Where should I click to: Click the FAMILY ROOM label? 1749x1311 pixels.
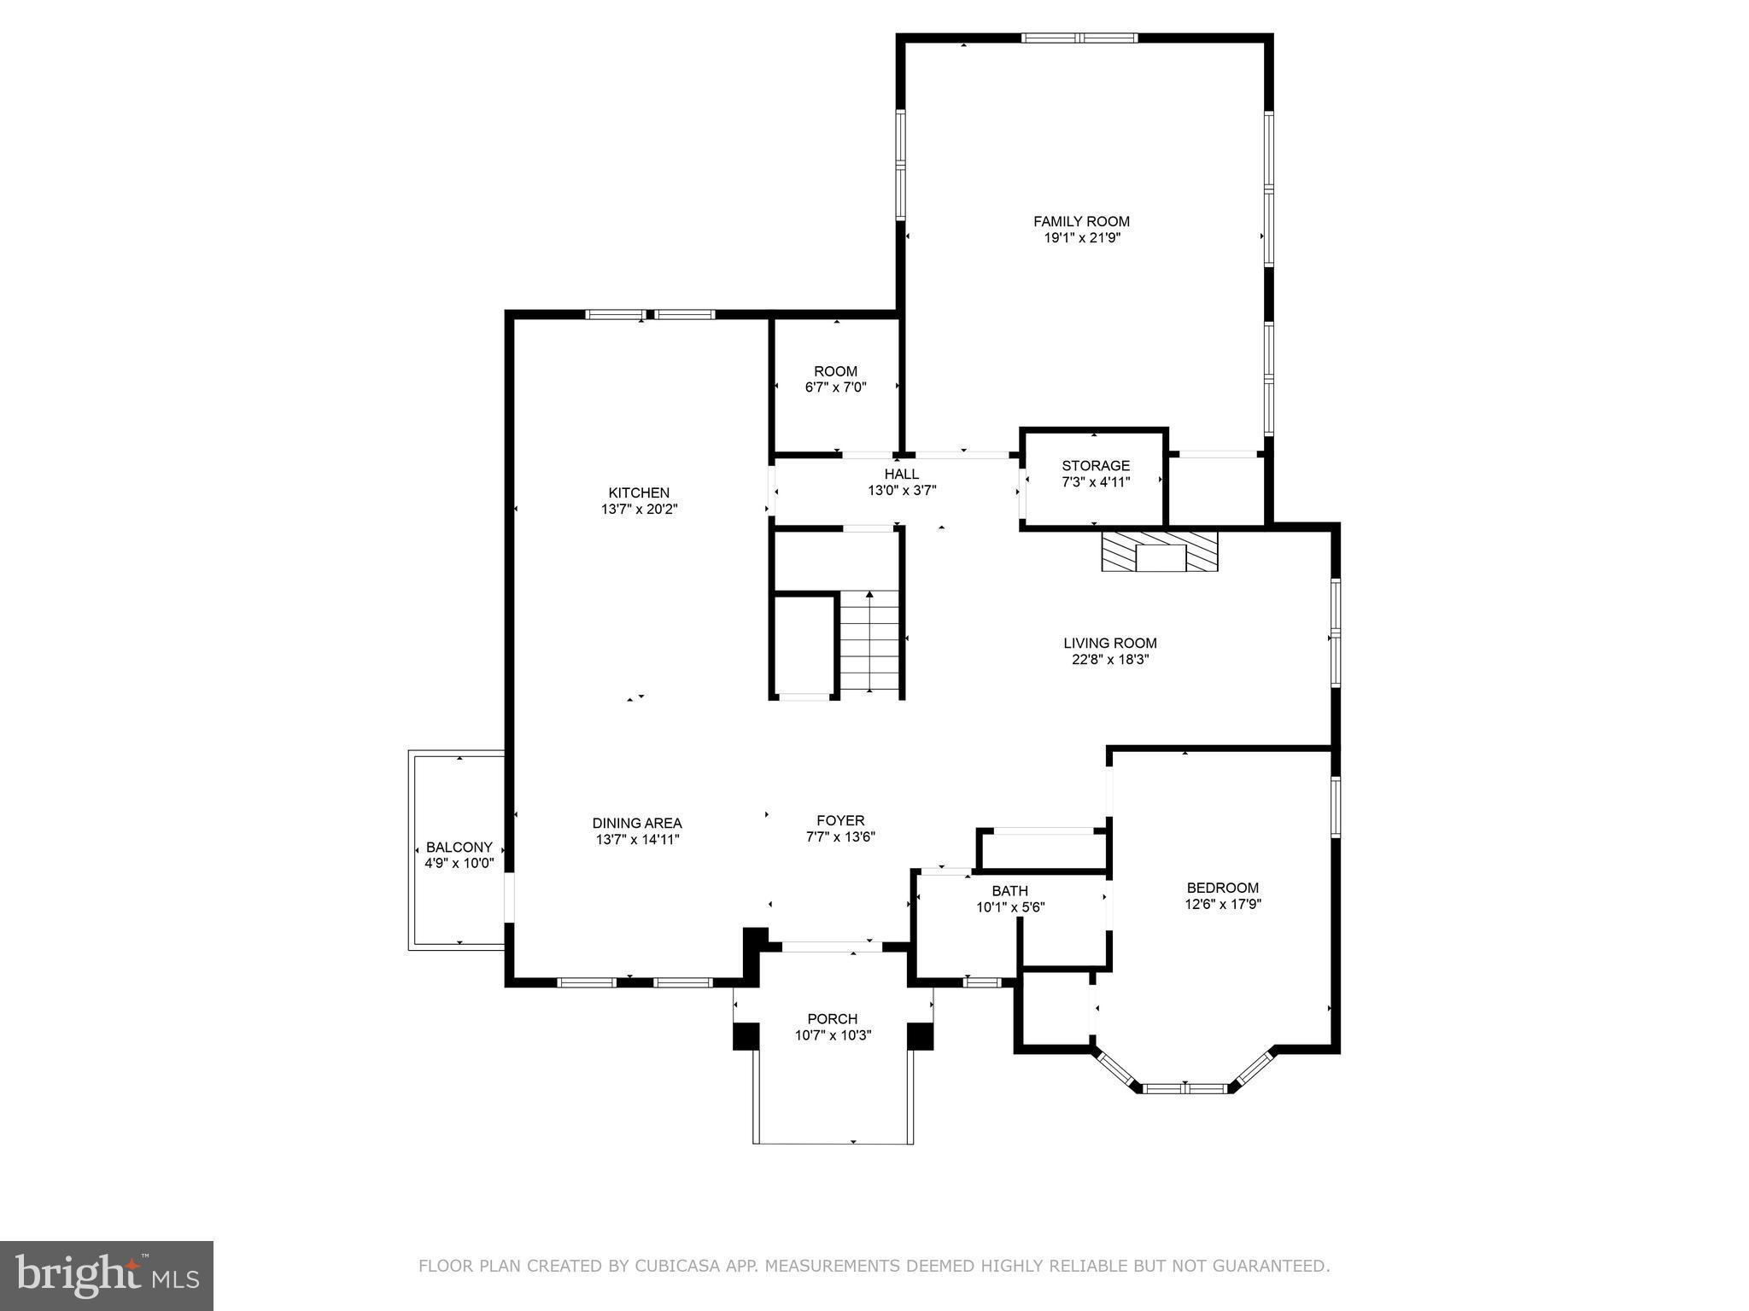[1081, 221]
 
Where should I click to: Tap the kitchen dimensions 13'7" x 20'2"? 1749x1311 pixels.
[639, 510]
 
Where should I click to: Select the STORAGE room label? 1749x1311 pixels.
[1096, 466]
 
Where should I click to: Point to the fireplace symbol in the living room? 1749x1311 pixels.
[1160, 551]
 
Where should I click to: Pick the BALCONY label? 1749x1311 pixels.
[459, 848]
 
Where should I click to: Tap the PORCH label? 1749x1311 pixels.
[833, 1019]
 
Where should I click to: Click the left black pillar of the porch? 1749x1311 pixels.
[746, 1035]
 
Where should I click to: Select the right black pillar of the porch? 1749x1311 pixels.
[920, 1035]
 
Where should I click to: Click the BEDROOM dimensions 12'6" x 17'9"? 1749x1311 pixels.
[1223, 904]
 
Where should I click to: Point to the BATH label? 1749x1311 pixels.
[1009, 891]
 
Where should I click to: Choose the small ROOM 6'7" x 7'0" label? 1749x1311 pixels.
[835, 371]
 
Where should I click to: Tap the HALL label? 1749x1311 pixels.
[902, 475]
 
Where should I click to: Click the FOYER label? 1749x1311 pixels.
[840, 821]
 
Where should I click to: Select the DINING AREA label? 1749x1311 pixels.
[637, 824]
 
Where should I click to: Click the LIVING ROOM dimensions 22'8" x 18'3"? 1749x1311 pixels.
[1110, 659]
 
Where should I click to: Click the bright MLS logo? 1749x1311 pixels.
[107, 1276]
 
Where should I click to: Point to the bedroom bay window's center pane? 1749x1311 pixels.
[1185, 1088]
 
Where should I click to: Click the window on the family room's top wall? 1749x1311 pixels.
[1080, 38]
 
